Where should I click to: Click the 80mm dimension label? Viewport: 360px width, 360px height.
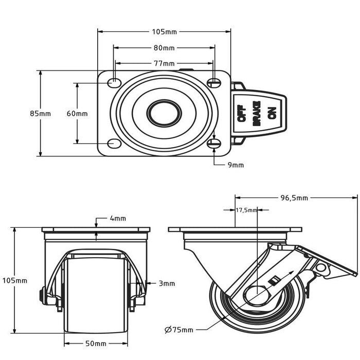(164, 48)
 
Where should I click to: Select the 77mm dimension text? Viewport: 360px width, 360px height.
(164, 63)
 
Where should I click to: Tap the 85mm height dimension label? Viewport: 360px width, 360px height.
(41, 114)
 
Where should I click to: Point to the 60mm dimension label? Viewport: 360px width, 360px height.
(77, 114)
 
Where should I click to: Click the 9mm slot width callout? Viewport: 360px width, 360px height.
(236, 165)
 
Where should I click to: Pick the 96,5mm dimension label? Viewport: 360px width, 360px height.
(294, 197)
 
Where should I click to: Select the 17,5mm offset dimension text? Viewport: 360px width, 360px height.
(246, 210)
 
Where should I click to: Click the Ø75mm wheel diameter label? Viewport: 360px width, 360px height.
(179, 330)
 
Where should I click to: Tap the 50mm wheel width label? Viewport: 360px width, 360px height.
(96, 344)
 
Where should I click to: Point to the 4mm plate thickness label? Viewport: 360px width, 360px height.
(118, 219)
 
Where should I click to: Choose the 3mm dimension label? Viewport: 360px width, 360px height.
(167, 283)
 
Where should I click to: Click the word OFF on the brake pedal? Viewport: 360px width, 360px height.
(242, 113)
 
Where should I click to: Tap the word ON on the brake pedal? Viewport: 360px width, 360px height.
(272, 113)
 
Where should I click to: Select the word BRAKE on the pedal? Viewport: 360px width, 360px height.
(257, 114)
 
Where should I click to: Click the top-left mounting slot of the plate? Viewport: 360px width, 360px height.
(114, 83)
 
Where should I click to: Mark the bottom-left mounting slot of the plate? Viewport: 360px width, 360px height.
(114, 143)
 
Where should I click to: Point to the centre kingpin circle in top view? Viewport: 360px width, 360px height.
(164, 113)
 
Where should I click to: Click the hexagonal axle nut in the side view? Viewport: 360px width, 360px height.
(257, 295)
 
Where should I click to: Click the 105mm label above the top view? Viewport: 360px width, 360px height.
(165, 32)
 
